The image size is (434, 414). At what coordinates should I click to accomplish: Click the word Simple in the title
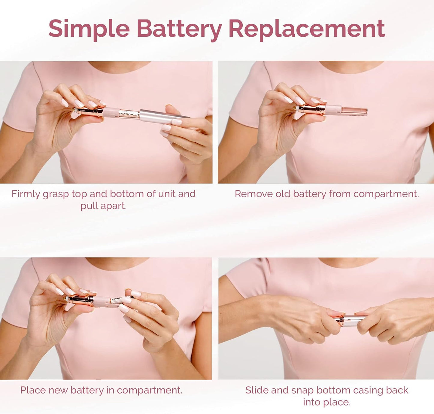pos(89,29)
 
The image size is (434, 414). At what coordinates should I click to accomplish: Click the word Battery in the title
pos(179,29)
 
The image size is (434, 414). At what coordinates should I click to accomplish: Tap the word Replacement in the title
pos(306,29)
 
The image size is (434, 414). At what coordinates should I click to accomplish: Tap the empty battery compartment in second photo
pos(354,111)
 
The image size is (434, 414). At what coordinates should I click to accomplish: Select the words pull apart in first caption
pos(103,206)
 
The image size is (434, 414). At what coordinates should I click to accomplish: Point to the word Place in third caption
pos(33,390)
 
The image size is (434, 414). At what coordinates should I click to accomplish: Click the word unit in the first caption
pos(167,194)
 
